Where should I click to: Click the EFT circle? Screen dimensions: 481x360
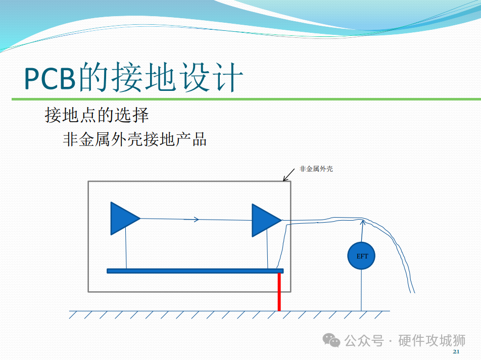click(x=361, y=256)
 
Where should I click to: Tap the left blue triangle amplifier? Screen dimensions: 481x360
click(x=123, y=218)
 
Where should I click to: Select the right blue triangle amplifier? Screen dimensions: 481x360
click(x=265, y=220)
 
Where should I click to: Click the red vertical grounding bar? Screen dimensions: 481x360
click(x=279, y=292)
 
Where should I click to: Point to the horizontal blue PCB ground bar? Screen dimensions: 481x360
click(x=195, y=271)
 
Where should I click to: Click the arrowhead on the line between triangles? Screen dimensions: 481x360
click(x=196, y=219)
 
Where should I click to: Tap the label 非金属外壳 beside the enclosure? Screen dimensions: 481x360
click(x=316, y=169)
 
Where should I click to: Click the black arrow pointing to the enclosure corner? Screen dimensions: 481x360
click(x=288, y=175)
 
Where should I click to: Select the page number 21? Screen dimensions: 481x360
click(x=456, y=351)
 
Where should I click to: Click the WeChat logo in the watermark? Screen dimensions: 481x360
click(x=331, y=340)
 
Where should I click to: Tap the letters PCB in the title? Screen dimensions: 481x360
click(x=50, y=78)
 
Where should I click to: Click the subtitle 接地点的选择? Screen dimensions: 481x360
click(x=97, y=115)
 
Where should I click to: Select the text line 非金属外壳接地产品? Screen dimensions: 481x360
click(x=135, y=139)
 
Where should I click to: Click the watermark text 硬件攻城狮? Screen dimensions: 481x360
click(x=431, y=340)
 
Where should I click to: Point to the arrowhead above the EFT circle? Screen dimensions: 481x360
click(x=363, y=222)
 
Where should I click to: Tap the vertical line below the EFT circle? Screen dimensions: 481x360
click(x=361, y=290)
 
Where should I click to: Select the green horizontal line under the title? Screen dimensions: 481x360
click(x=247, y=99)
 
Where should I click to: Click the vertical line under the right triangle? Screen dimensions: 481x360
click(x=267, y=249)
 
